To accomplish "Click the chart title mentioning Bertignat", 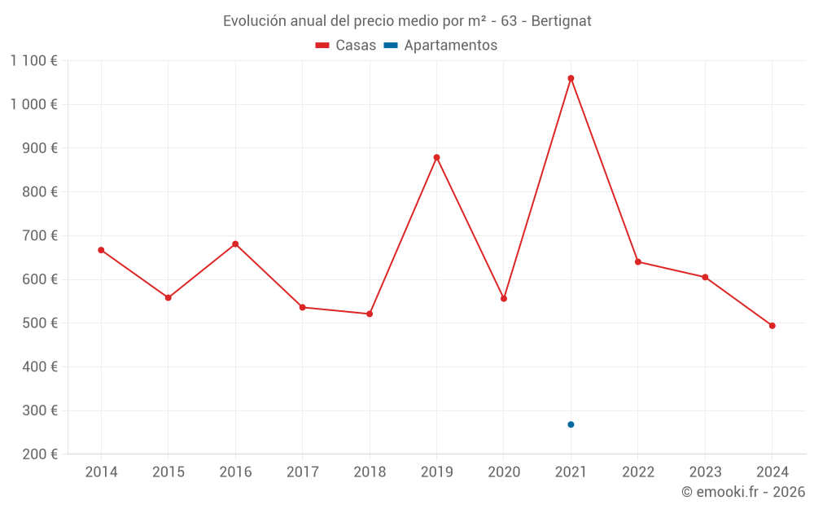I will click(x=407, y=21).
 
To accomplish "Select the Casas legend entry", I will click(x=346, y=46).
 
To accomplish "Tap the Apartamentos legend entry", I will click(x=440, y=46).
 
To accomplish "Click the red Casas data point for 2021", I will click(x=571, y=78).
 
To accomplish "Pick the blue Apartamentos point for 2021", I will click(x=571, y=424).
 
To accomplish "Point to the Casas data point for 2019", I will click(x=436, y=157).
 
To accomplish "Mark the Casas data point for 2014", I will click(x=101, y=250).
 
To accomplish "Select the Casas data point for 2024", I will click(x=772, y=326).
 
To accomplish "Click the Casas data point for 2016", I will click(x=235, y=244).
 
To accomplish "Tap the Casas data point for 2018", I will click(x=370, y=314).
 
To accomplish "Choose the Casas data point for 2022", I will click(x=638, y=261).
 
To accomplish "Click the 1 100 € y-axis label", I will click(x=34, y=60).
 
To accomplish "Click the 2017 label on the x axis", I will click(x=302, y=472).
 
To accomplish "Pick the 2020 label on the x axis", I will click(x=504, y=472).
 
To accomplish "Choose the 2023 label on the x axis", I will click(x=705, y=472).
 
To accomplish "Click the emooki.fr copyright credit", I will click(x=743, y=492).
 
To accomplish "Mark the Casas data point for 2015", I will click(x=168, y=298).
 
